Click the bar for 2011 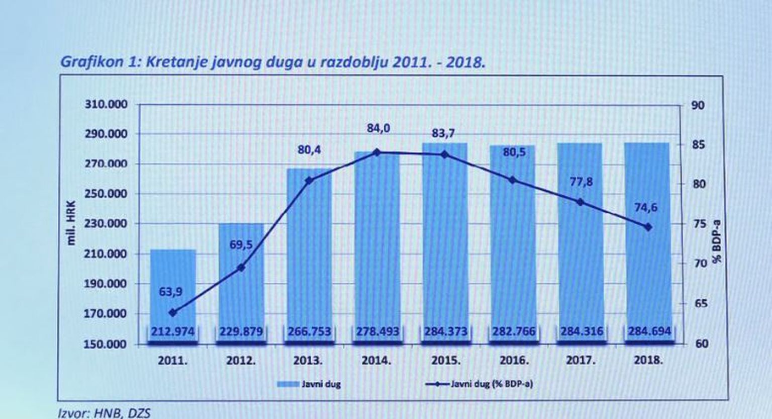tap(173, 282)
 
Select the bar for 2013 tap(309, 252)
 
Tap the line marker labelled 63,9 tap(173, 313)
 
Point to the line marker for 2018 tap(648, 227)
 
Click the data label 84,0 tap(378, 129)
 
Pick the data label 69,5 tap(241, 245)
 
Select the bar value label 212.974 tap(173, 332)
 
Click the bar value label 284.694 tap(649, 332)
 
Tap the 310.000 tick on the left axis tap(106, 105)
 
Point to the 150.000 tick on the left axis tap(106, 345)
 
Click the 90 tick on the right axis tap(699, 106)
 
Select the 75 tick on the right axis tap(700, 224)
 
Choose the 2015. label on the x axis tap(446, 361)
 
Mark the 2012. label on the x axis tap(241, 361)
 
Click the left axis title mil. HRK tap(71, 223)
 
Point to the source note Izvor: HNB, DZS tap(104, 413)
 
